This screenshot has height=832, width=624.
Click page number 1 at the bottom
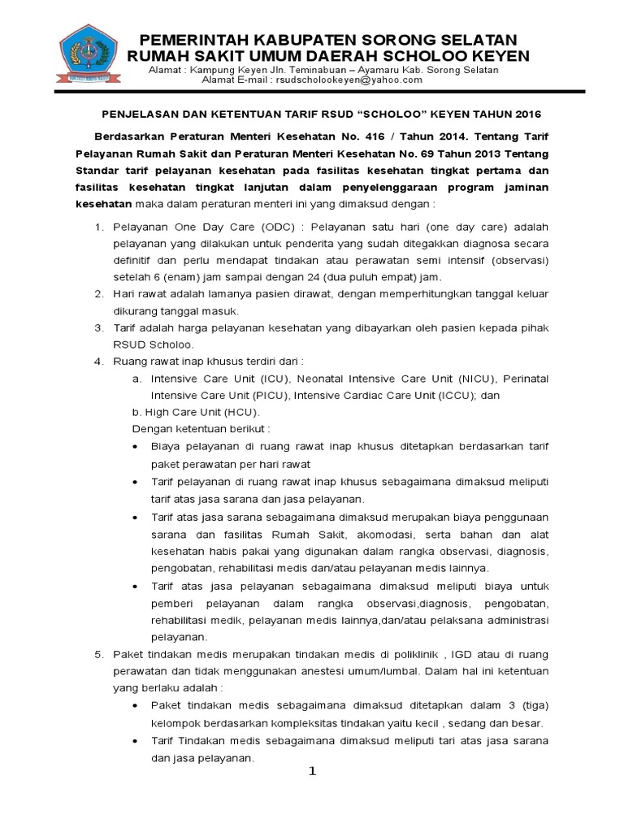[x=310, y=771]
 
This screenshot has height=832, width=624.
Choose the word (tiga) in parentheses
[x=533, y=704]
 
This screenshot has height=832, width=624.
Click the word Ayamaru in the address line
[x=380, y=70]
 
